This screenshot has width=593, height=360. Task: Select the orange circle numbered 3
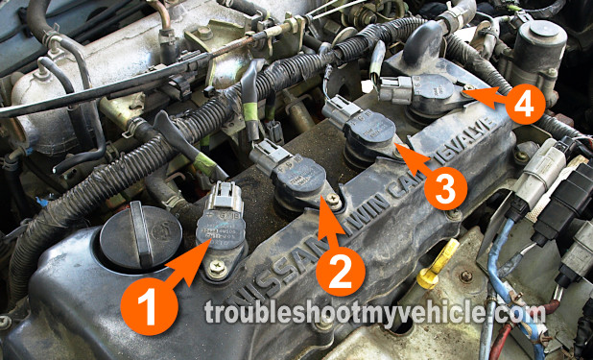[x=442, y=188]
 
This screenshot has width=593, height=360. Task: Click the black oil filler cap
[x=128, y=237]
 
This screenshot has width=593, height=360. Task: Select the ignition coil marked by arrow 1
[x=221, y=230]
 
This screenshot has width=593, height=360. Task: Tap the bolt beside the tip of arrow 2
[x=332, y=200]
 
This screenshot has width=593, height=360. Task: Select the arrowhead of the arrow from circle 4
[x=467, y=94]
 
